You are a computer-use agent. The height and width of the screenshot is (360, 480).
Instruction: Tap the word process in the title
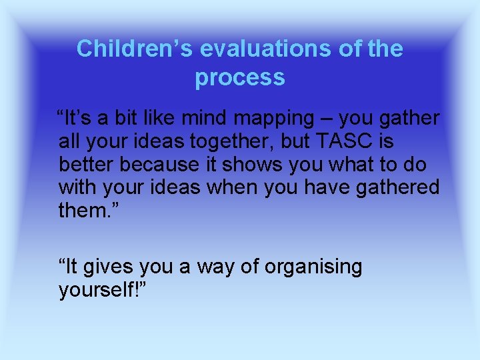coord(240,78)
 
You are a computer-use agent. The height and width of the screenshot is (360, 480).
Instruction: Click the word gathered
coord(398,187)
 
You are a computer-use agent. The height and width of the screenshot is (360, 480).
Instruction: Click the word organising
coord(313,268)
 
